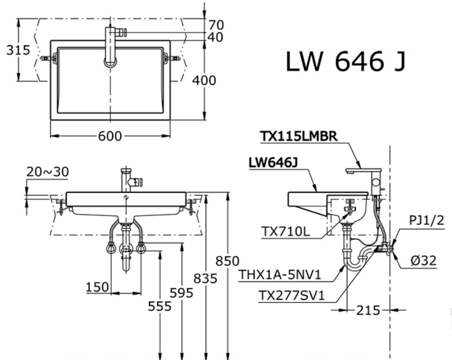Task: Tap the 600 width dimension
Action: (110, 136)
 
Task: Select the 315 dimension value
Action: (18, 50)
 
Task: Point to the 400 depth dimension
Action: (204, 80)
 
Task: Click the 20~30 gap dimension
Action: (47, 172)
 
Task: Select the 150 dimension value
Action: (97, 287)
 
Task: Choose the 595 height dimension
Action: (182, 293)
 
